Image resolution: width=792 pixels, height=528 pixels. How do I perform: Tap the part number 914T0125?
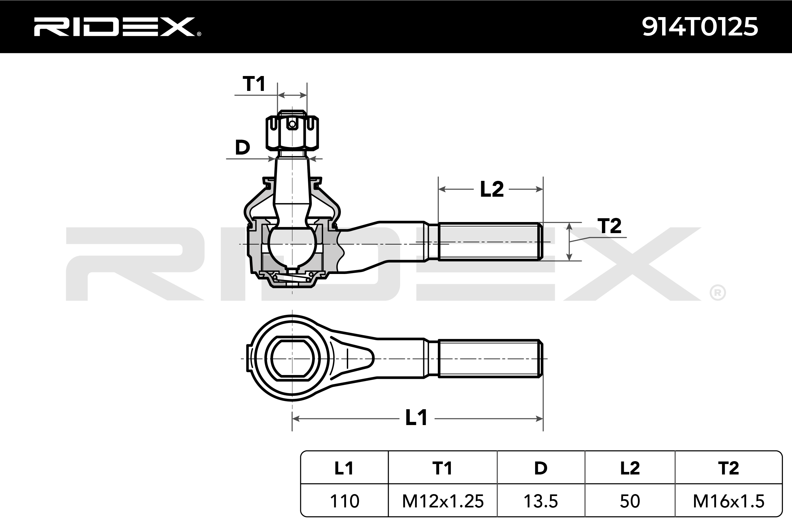pyautogui.click(x=700, y=27)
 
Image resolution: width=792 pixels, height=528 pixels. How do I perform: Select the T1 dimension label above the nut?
pyautogui.click(x=254, y=84)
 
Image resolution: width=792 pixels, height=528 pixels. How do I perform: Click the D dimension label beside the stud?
pyautogui.click(x=242, y=148)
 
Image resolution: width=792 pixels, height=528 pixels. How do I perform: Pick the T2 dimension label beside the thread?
pyautogui.click(x=609, y=226)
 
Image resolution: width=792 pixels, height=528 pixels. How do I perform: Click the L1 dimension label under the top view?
pyautogui.click(x=417, y=418)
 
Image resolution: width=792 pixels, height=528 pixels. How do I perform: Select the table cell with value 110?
pyautogui.click(x=344, y=501)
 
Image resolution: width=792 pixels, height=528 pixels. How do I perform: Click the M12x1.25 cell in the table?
pyautogui.click(x=443, y=501)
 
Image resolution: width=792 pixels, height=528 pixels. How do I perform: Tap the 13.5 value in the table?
pyautogui.click(x=540, y=501)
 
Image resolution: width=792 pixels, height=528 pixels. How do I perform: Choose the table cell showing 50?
pyautogui.click(x=630, y=501)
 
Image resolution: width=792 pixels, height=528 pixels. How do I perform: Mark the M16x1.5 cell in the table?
pyautogui.click(x=728, y=501)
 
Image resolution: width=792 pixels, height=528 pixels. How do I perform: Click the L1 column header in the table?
pyautogui.click(x=344, y=468)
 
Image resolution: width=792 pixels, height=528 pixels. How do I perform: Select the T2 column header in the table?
pyautogui.click(x=728, y=468)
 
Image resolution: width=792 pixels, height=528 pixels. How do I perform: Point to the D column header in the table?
pyautogui.click(x=540, y=468)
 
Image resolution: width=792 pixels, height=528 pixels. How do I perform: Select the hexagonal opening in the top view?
pyautogui.click(x=292, y=358)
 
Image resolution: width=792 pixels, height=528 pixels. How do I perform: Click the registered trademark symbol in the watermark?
pyautogui.click(x=717, y=293)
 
